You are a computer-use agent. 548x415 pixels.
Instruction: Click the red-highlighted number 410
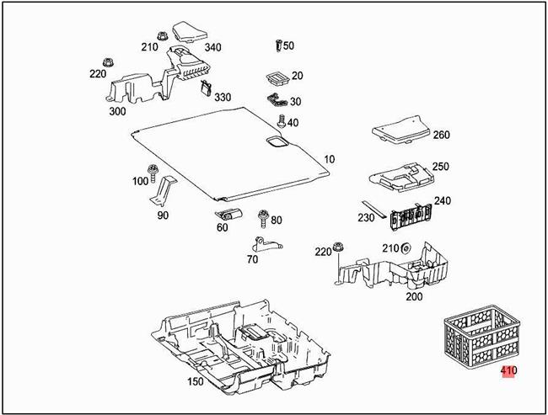click(508, 370)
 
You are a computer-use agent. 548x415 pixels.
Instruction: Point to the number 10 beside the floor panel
click(328, 159)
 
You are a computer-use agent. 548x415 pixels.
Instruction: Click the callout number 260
click(441, 135)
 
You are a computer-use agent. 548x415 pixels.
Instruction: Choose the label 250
click(440, 167)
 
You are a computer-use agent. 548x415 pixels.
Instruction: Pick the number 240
click(442, 201)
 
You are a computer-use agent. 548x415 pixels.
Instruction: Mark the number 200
click(414, 296)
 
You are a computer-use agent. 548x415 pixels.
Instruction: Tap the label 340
click(212, 47)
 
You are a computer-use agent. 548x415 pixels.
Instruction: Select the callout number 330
click(223, 98)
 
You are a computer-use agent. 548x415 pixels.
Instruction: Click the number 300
click(117, 110)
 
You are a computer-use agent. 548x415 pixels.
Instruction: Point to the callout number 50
click(288, 46)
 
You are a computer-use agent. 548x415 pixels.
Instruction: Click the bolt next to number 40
click(281, 122)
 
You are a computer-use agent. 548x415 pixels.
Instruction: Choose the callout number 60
click(222, 228)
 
